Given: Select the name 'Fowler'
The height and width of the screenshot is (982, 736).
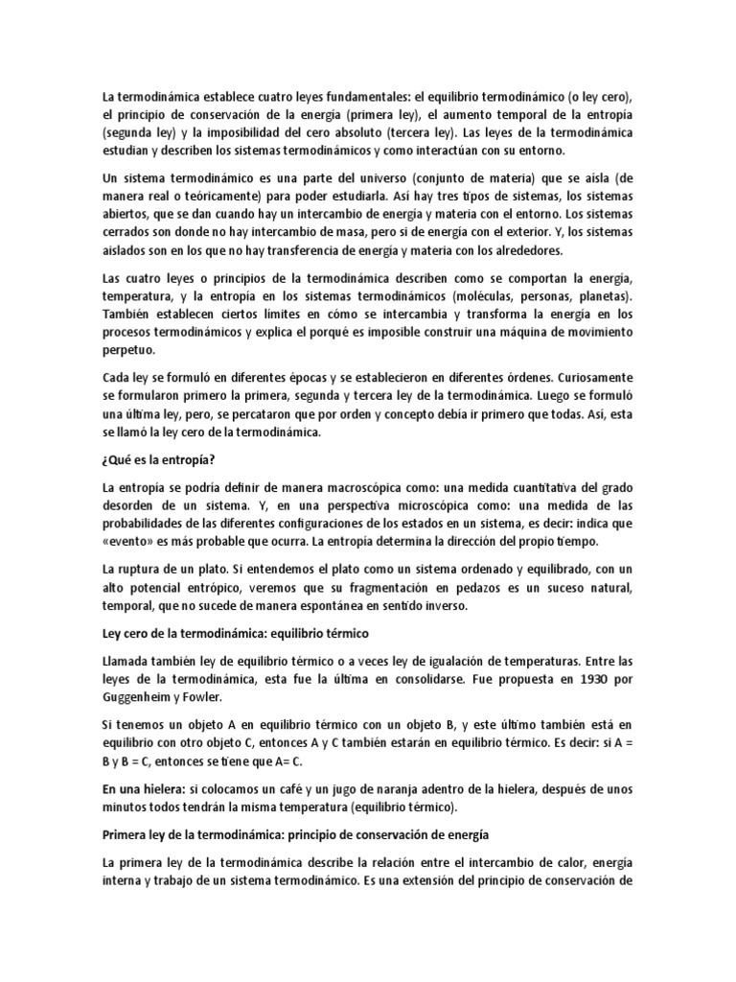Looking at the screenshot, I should pos(221,697).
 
